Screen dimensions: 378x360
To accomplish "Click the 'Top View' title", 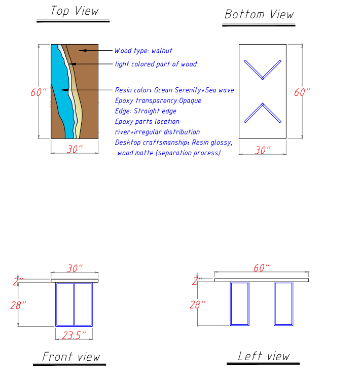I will [x=74, y=11].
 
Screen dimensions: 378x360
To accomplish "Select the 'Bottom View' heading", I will [x=259, y=14].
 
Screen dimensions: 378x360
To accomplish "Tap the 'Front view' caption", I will [x=71, y=357].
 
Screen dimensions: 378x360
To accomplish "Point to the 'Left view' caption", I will [x=264, y=356].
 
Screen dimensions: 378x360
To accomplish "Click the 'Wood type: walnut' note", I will [x=143, y=51].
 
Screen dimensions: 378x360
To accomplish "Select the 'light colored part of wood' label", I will [x=156, y=64].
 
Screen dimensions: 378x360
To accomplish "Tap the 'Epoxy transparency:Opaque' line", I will [x=158, y=100].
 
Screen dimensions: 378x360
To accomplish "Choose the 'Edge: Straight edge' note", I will [x=146, y=111].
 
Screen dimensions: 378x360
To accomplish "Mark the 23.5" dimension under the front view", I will [x=74, y=335].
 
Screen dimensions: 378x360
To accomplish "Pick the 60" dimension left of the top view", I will [x=39, y=92].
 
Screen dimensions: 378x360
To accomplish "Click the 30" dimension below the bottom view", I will [x=262, y=150].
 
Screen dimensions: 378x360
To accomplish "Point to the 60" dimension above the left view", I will [x=261, y=268].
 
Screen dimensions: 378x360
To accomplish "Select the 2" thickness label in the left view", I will [x=197, y=280].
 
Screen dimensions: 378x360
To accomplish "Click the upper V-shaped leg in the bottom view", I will [x=263, y=70].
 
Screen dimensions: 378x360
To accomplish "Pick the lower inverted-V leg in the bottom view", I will [x=263, y=113].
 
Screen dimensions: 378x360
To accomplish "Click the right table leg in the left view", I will [x=283, y=303].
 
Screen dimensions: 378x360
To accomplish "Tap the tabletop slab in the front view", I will [x=75, y=280].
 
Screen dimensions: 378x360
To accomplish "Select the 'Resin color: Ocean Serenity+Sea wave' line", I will [x=174, y=90].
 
